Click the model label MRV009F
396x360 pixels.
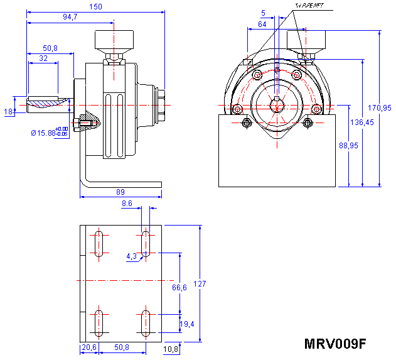334,344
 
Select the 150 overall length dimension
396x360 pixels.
94,6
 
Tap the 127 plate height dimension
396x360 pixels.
200,284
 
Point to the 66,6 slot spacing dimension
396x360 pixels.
179,288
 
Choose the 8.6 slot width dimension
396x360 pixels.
127,204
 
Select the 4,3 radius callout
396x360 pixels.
131,256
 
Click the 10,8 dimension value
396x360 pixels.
171,349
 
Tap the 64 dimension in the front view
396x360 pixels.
262,25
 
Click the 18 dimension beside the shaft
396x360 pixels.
8,111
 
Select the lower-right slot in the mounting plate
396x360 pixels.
146,322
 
